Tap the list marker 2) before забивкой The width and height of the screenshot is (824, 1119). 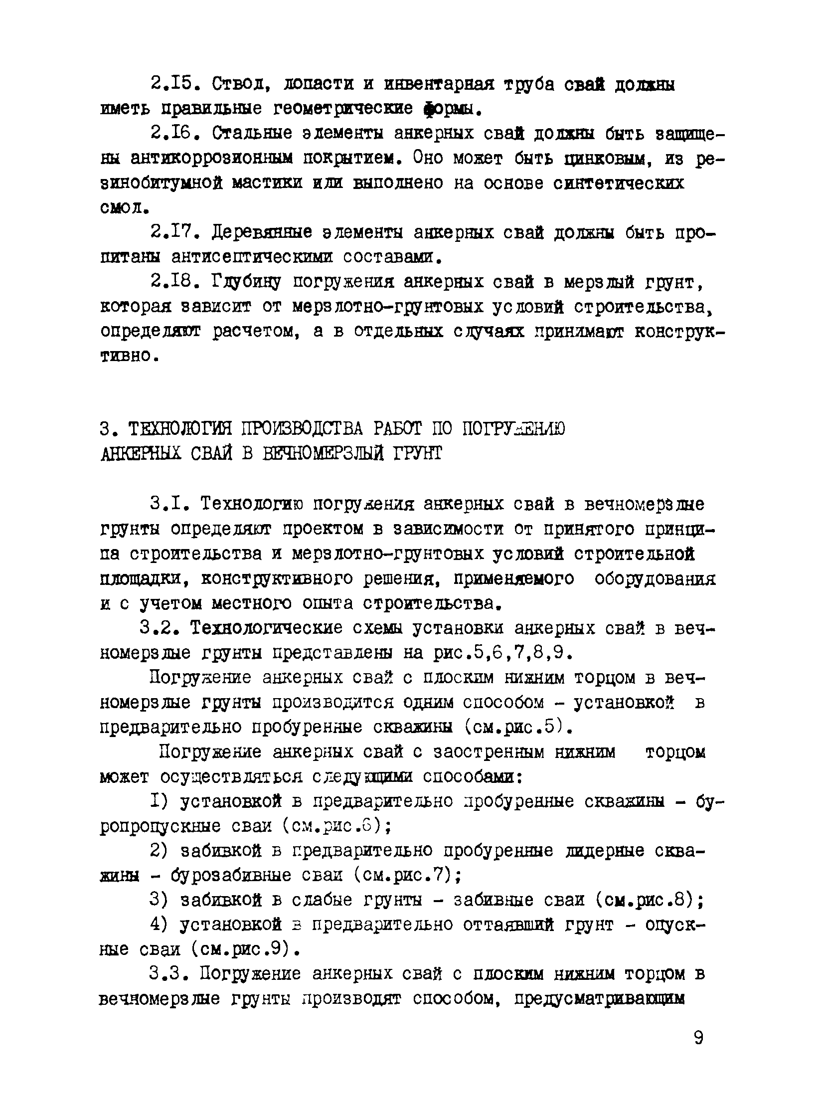click(161, 851)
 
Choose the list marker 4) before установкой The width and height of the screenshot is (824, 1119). click(161, 925)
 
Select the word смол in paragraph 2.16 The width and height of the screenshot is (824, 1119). click(122, 207)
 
